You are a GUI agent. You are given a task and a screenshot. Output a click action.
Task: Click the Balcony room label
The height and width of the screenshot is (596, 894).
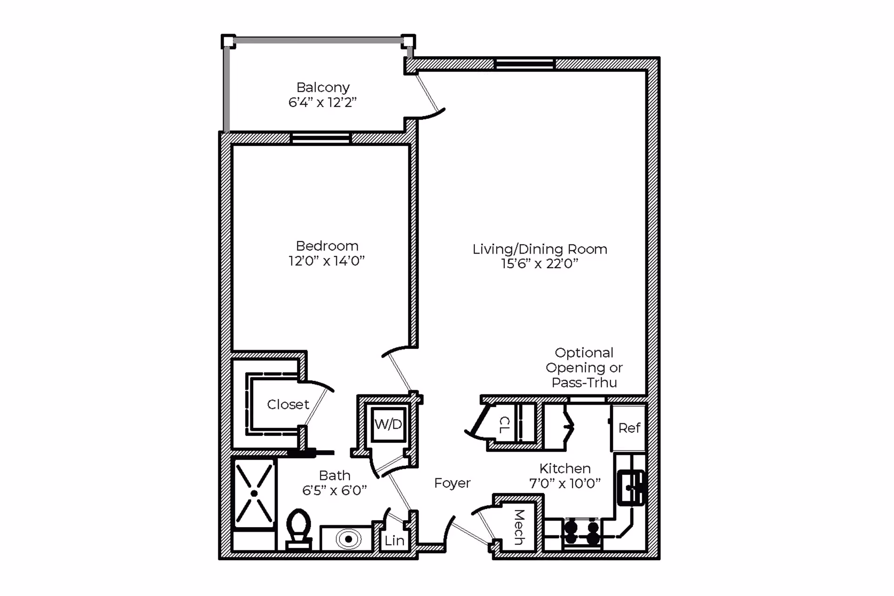[323, 87]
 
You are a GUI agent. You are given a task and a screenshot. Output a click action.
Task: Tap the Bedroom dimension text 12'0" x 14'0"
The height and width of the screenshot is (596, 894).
[326, 261]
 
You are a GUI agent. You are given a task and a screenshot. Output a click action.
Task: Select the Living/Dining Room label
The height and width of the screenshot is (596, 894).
[540, 249]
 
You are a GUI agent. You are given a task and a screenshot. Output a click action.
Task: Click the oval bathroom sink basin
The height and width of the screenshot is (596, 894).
[348, 539]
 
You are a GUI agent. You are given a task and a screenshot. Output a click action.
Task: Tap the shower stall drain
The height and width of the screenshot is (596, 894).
[254, 493]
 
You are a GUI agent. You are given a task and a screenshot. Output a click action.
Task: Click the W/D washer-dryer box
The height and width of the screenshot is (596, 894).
[388, 424]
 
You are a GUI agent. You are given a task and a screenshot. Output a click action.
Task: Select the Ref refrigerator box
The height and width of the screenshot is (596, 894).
[629, 428]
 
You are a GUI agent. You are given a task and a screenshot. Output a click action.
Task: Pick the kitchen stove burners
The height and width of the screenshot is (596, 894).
[582, 533]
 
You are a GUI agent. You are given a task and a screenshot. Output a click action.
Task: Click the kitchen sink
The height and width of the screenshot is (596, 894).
[631, 488]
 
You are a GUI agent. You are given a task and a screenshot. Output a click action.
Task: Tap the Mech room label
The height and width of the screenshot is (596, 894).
[519, 527]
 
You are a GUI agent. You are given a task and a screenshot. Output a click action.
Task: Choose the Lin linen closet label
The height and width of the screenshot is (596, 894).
[394, 541]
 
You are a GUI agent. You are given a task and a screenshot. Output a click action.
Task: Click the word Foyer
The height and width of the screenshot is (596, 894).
[452, 483]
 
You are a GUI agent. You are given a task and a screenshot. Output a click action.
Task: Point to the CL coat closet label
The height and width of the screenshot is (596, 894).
[504, 424]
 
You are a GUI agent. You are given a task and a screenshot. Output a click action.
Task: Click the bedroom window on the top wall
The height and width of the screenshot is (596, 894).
[320, 138]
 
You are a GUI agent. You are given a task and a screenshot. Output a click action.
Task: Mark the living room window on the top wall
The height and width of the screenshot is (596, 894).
[525, 64]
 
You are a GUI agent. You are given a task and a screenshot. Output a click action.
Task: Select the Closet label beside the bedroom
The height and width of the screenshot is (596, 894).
[288, 404]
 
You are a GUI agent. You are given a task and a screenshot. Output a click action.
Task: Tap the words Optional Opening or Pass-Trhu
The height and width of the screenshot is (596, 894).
[584, 367]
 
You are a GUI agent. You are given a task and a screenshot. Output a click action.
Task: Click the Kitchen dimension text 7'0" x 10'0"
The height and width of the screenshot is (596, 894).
[565, 484]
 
